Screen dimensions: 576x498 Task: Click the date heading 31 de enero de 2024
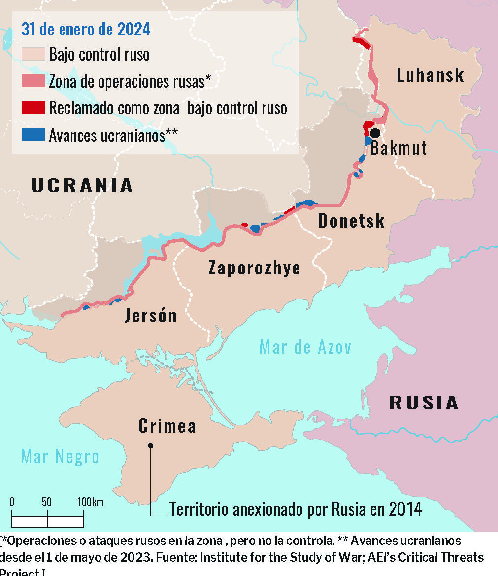85,30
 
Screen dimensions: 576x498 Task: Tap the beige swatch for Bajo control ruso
33,54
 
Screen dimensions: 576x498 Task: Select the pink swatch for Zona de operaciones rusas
33,81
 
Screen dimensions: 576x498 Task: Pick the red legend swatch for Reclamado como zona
33,107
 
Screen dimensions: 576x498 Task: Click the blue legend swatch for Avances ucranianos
33,135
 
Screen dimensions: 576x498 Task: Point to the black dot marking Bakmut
375,133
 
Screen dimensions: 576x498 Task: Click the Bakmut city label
398,147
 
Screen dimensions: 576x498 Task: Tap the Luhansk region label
430,75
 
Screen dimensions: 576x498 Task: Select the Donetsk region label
351,221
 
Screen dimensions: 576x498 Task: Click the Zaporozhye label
254,269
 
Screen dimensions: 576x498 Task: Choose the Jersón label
150,315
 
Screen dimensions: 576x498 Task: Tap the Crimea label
167,426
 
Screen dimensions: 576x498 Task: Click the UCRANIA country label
82,185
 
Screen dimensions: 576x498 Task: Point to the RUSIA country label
424,403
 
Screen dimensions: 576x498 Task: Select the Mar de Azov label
305,347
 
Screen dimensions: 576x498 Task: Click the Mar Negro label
60,457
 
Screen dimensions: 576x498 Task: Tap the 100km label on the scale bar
90,502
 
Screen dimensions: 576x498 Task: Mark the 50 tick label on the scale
47,502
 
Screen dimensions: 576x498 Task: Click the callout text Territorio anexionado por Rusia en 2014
296,509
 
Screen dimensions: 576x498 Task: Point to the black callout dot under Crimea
151,445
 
